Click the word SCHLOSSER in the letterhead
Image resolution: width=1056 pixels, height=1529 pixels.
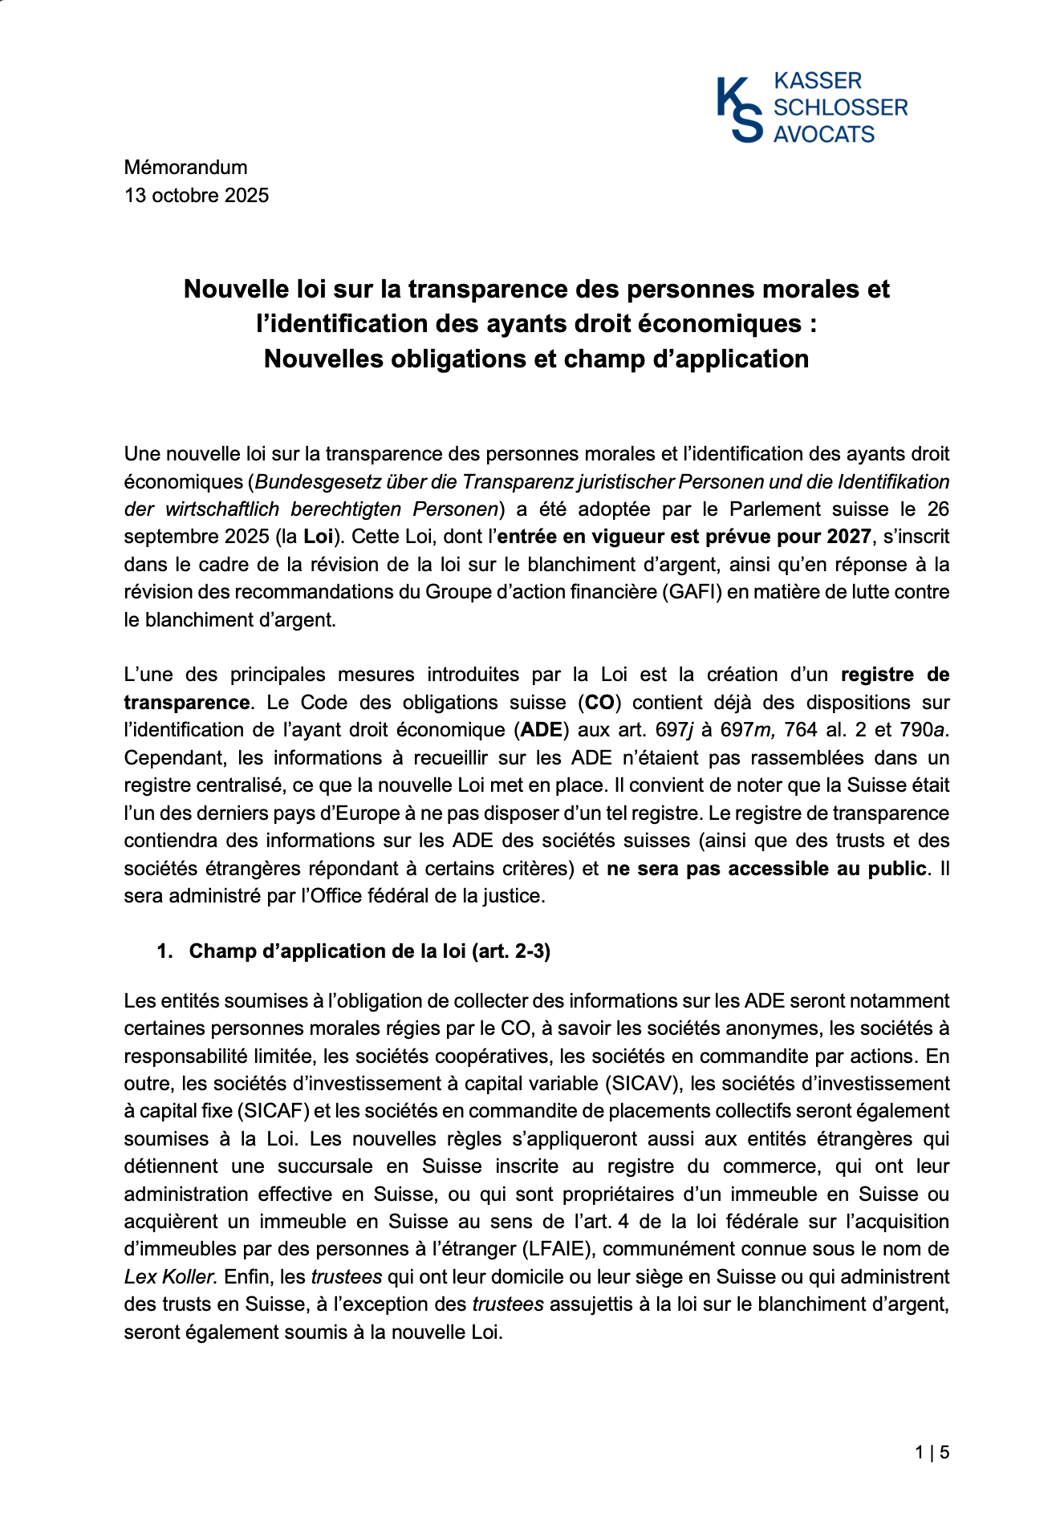point(839,107)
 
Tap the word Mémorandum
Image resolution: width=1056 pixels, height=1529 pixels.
point(185,168)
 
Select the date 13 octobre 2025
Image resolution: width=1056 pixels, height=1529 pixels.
point(197,195)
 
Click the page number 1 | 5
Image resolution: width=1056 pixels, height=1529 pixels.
point(932,1452)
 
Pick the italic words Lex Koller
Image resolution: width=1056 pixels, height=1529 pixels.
point(170,1276)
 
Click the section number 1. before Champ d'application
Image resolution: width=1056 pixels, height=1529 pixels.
point(165,951)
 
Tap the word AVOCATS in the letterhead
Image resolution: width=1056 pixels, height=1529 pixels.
point(823,134)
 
